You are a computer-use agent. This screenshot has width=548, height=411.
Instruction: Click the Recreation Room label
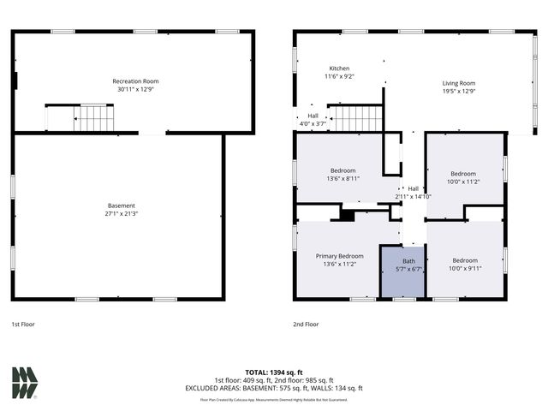[137, 81]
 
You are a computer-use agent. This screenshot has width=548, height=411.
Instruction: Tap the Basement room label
[122, 205]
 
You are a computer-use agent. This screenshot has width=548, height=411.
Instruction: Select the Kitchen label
[340, 68]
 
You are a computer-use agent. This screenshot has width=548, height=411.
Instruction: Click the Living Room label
[458, 83]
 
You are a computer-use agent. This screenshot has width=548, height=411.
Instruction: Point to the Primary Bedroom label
[339, 256]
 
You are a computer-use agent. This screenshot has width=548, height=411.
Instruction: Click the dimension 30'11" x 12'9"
[137, 90]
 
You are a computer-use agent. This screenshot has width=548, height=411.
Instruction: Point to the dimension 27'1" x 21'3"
[122, 214]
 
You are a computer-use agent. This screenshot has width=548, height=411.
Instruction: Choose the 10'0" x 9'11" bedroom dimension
[465, 268]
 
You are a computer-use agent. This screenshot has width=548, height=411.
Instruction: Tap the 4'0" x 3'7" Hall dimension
[313, 124]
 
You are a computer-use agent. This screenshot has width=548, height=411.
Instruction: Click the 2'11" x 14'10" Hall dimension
[414, 197]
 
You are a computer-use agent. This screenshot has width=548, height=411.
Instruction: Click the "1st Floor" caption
[23, 325]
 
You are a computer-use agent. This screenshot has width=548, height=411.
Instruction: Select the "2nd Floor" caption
[306, 325]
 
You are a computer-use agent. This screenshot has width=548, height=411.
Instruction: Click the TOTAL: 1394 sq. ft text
[274, 372]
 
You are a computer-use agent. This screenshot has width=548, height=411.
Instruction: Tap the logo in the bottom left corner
[24, 383]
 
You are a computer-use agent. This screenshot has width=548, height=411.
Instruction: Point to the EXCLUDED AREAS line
[274, 388]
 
